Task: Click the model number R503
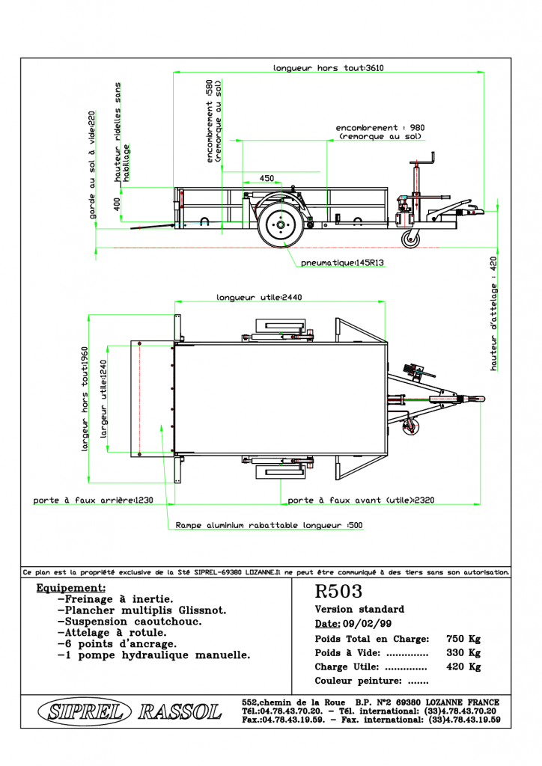click(x=338, y=591)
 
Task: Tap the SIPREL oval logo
click(x=85, y=711)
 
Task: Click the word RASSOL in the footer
click(x=180, y=712)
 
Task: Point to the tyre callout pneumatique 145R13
click(x=342, y=263)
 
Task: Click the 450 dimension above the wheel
click(x=267, y=178)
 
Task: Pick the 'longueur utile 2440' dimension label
click(x=259, y=297)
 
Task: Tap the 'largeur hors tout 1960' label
click(x=85, y=399)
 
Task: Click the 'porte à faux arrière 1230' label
click(x=93, y=500)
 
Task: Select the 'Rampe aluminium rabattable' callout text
click(x=269, y=525)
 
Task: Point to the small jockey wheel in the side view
click(x=410, y=239)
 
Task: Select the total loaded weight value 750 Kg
click(x=463, y=639)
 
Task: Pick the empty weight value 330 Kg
click(x=463, y=652)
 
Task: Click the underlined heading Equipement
click(x=71, y=588)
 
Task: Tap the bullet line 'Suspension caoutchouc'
click(x=130, y=622)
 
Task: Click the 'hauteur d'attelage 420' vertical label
click(x=493, y=313)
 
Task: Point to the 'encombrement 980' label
click(x=380, y=132)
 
